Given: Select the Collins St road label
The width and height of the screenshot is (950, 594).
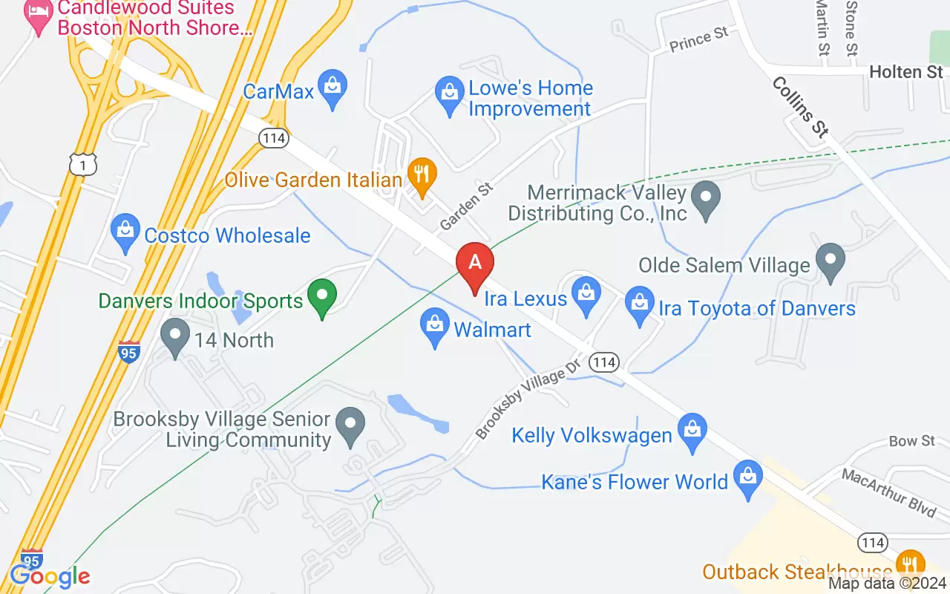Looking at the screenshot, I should [799, 107].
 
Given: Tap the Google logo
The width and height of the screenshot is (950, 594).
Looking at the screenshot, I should [50, 576].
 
